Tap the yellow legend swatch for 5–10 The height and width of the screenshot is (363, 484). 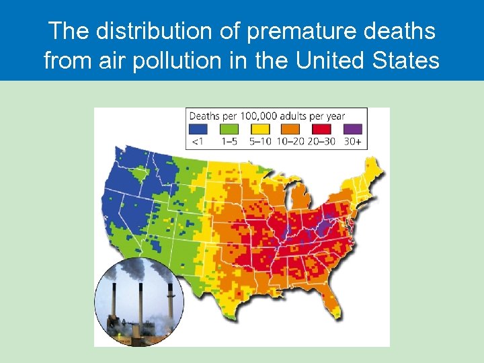click(x=259, y=129)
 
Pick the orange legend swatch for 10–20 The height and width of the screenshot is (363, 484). click(x=290, y=129)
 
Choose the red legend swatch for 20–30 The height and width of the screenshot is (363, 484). click(x=322, y=129)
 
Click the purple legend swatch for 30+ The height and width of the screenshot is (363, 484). click(x=353, y=129)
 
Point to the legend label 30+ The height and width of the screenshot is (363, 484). click(x=353, y=141)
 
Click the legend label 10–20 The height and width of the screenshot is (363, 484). click(x=290, y=141)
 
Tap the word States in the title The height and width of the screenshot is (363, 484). click(x=406, y=61)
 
